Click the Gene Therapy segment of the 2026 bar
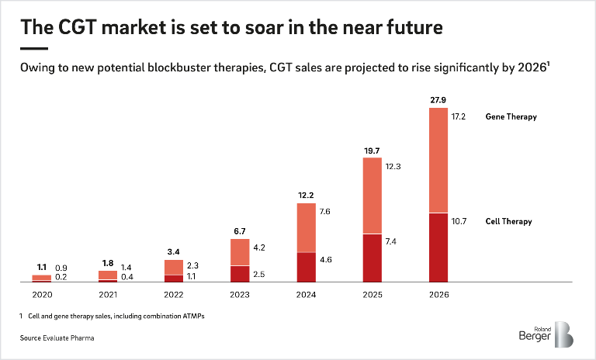(x=438, y=160)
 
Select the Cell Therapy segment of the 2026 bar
(x=438, y=247)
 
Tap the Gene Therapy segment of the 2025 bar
(x=372, y=196)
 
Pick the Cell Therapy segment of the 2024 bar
(x=307, y=266)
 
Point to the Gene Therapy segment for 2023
(x=240, y=252)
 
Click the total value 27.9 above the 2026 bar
(x=438, y=100)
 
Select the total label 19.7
(x=372, y=151)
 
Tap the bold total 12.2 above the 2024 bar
(x=307, y=196)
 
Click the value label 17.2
(x=458, y=116)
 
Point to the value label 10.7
(x=458, y=222)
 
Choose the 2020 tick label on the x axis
(x=42, y=294)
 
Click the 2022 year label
(x=174, y=294)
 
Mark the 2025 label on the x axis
(x=372, y=294)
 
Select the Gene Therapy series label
(x=511, y=116)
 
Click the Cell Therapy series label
(x=509, y=222)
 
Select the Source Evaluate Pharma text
(x=54, y=337)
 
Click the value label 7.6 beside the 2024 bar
(x=325, y=211)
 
